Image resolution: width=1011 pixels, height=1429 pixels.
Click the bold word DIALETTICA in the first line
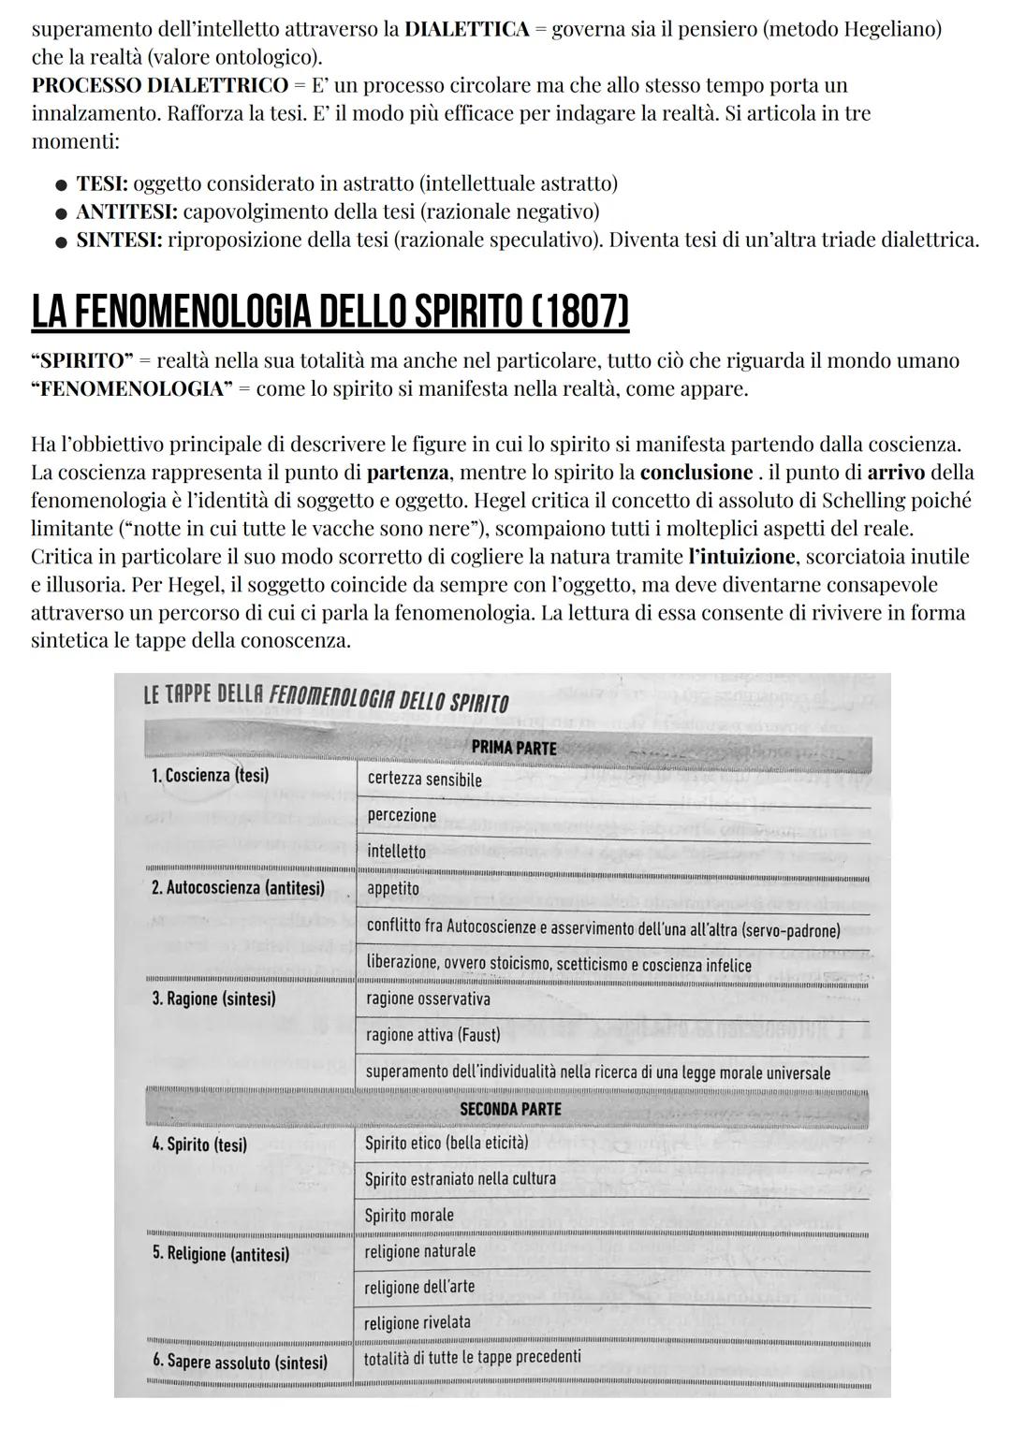(467, 29)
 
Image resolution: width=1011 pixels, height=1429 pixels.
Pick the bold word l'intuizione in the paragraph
(741, 557)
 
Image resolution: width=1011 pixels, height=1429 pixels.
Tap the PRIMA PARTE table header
(513, 748)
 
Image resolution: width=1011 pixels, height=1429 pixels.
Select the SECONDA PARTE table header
(510, 1109)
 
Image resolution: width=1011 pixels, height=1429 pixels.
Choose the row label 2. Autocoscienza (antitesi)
(238, 888)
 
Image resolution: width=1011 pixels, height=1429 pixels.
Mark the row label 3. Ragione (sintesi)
(213, 999)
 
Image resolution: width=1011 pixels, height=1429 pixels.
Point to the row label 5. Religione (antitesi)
(221, 1254)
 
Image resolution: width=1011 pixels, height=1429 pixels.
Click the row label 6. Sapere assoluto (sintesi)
(240, 1363)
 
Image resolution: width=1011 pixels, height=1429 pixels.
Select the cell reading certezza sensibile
(424, 780)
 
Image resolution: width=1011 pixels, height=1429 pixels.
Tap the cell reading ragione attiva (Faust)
(432, 1035)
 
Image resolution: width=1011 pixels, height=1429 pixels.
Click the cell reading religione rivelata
(418, 1322)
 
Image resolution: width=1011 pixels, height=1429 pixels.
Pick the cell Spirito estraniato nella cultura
(460, 1179)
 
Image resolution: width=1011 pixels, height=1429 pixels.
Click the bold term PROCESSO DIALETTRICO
(159, 85)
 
